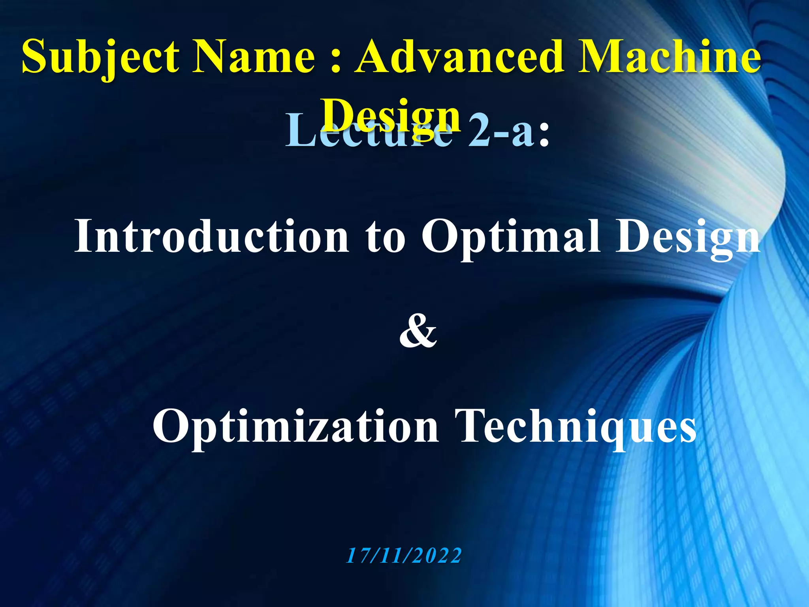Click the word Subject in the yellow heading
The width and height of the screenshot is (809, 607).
[x=101, y=57]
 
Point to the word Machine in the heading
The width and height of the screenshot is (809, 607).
[x=669, y=57]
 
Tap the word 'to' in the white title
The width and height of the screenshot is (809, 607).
[x=385, y=237]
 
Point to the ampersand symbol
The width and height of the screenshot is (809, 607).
[x=418, y=332]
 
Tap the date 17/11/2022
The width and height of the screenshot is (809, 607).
[x=404, y=556]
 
